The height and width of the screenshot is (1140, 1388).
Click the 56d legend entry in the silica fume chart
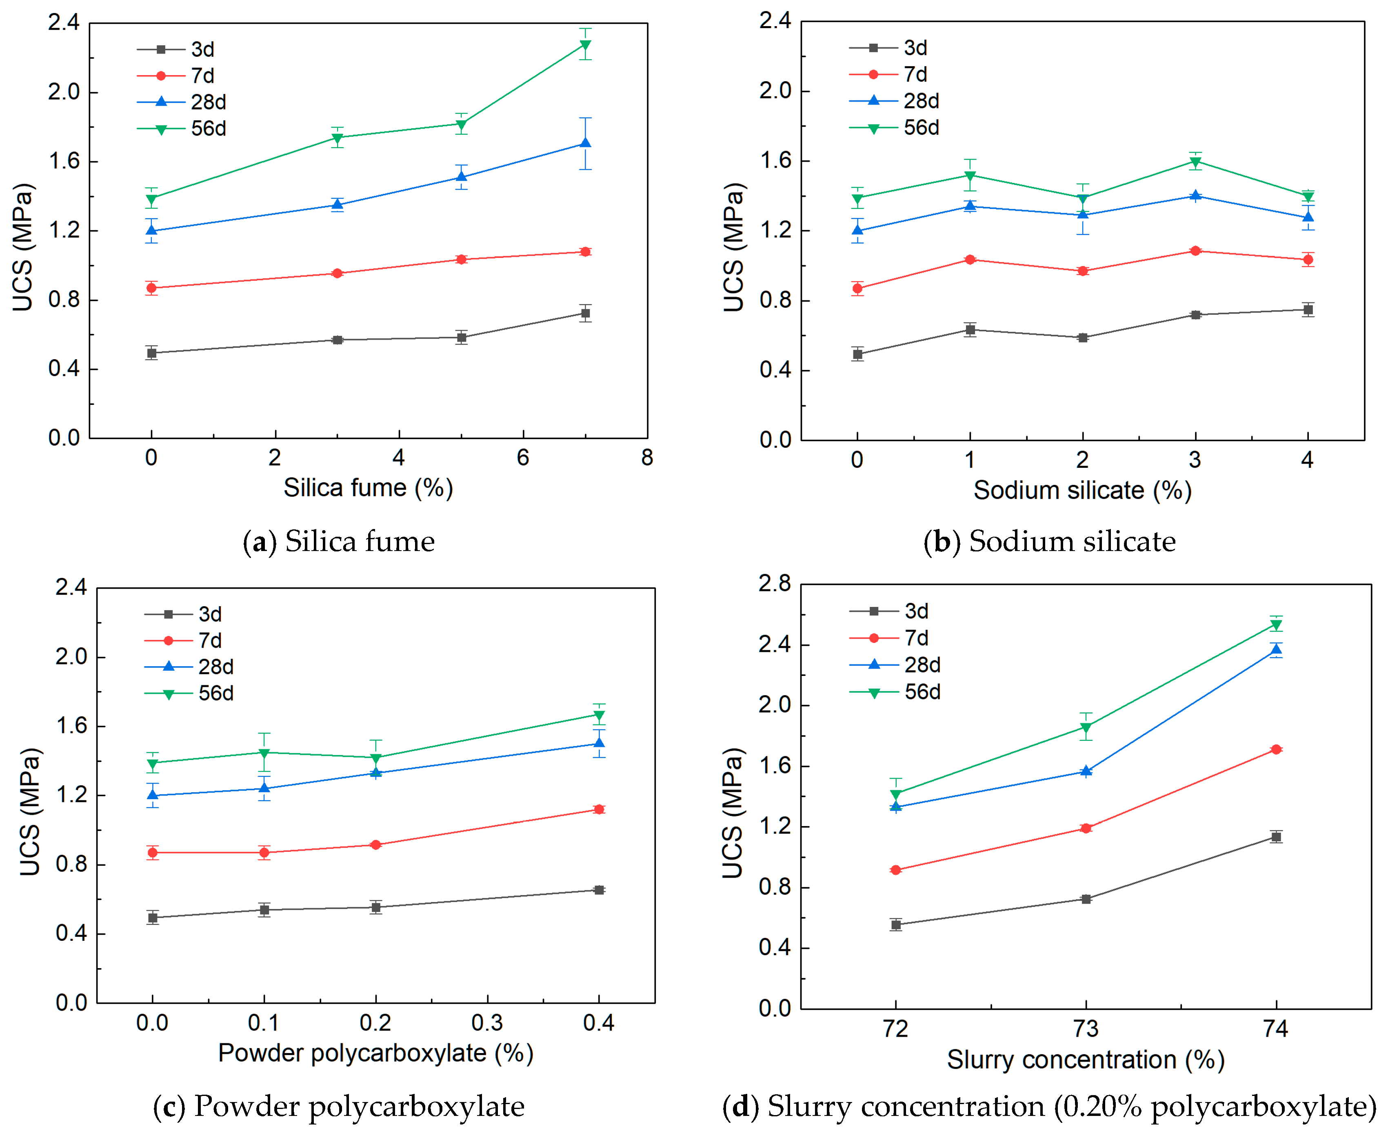point(181,129)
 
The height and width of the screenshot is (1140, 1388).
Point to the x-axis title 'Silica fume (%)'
point(369,488)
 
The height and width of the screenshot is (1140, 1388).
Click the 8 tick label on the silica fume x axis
point(647,458)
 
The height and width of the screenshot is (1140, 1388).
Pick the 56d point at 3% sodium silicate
point(1195,162)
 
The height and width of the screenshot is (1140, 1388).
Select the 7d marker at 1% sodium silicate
point(970,260)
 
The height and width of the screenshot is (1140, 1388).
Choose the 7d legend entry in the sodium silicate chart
point(888,74)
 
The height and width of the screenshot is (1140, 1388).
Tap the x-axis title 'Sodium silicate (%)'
point(1082,491)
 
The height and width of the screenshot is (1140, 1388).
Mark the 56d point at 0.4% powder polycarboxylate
point(599,715)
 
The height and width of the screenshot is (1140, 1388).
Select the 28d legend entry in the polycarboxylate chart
point(189,667)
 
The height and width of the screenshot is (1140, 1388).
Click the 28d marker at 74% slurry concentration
point(1276,649)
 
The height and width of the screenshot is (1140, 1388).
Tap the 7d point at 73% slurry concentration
point(1086,828)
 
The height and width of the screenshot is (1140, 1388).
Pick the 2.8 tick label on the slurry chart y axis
point(775,583)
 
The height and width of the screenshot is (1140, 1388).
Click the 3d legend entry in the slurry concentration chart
point(888,611)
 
